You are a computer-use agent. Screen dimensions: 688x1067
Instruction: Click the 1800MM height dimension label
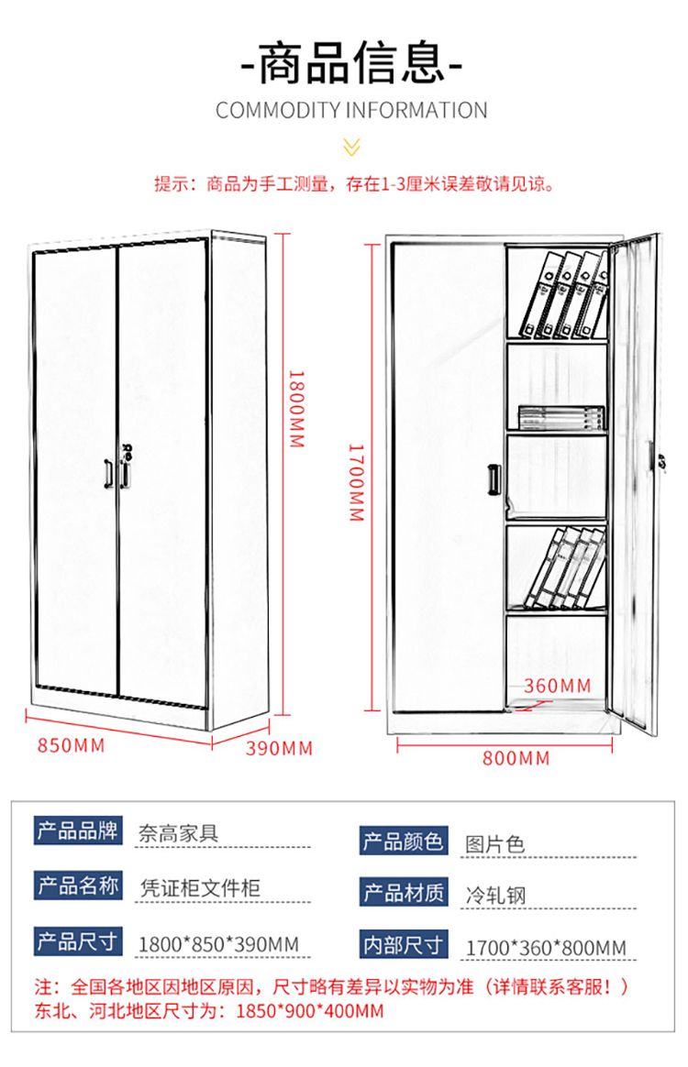[297, 409]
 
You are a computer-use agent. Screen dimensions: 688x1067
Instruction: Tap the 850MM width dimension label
[72, 746]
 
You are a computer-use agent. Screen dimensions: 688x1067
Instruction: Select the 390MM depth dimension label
[279, 749]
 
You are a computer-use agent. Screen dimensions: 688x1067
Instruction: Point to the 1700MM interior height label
[356, 482]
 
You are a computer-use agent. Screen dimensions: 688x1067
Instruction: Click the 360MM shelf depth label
[558, 686]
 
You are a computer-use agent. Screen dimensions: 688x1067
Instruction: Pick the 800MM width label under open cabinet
[516, 758]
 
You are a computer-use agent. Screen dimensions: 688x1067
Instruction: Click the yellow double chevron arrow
[351, 147]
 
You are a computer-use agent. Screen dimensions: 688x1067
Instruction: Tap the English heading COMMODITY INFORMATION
[351, 110]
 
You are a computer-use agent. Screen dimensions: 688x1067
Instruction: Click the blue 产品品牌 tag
[78, 830]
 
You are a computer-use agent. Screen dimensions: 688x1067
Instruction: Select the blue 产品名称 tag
[78, 885]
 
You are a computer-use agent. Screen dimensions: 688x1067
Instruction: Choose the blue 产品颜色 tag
[404, 841]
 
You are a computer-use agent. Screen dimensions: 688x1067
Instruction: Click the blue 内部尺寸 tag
[404, 944]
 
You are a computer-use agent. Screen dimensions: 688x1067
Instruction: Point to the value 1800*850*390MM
[218, 944]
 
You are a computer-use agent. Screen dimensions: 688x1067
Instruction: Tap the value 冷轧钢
[496, 895]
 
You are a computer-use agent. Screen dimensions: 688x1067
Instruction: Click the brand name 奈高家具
[179, 833]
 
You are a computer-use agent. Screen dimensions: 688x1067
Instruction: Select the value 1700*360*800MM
[547, 948]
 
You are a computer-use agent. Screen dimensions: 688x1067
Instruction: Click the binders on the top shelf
[565, 294]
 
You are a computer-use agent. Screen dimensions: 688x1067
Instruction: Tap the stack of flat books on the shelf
[562, 418]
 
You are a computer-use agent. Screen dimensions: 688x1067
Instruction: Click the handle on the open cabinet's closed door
[494, 479]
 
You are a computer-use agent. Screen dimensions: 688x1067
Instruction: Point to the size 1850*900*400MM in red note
[310, 1011]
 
